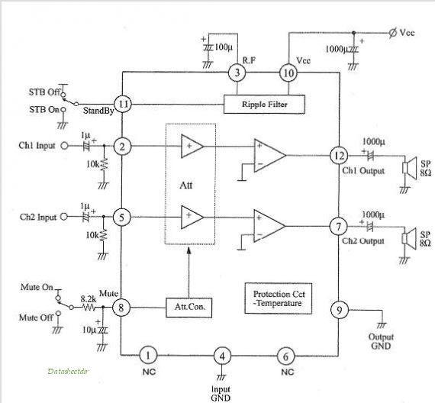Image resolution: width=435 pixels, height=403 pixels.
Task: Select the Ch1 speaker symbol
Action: point(410,168)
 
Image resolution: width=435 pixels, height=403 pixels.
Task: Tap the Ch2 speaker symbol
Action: point(410,239)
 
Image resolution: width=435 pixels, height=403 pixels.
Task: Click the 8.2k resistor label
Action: point(89,299)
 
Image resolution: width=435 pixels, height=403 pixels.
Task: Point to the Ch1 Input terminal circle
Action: point(64,146)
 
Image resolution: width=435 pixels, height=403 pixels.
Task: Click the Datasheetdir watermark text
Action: point(68,371)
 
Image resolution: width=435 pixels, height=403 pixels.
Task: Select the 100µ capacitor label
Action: point(224,47)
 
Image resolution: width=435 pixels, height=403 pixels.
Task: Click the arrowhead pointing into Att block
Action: point(189,250)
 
